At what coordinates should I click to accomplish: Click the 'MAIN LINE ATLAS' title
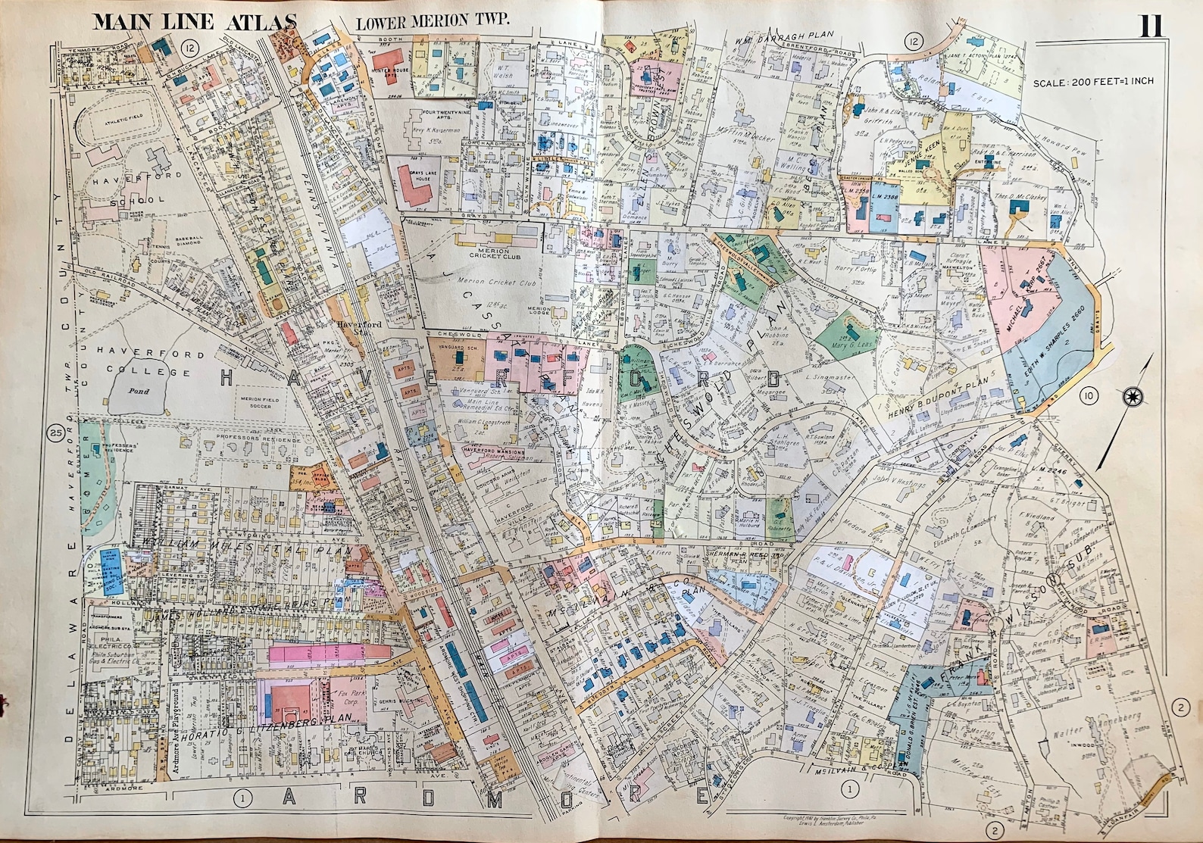pos(193,20)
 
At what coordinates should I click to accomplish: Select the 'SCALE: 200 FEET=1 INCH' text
pos(1093,81)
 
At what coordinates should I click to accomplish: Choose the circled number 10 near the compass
pos(1089,395)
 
